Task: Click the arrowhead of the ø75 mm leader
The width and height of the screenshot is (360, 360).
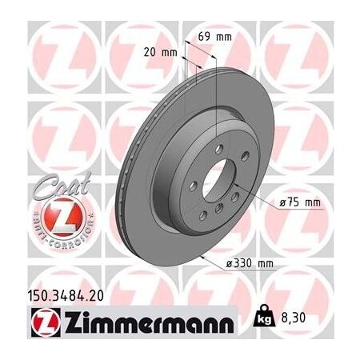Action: pos(240,194)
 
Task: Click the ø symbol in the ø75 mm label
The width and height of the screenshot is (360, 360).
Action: pos(283,203)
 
